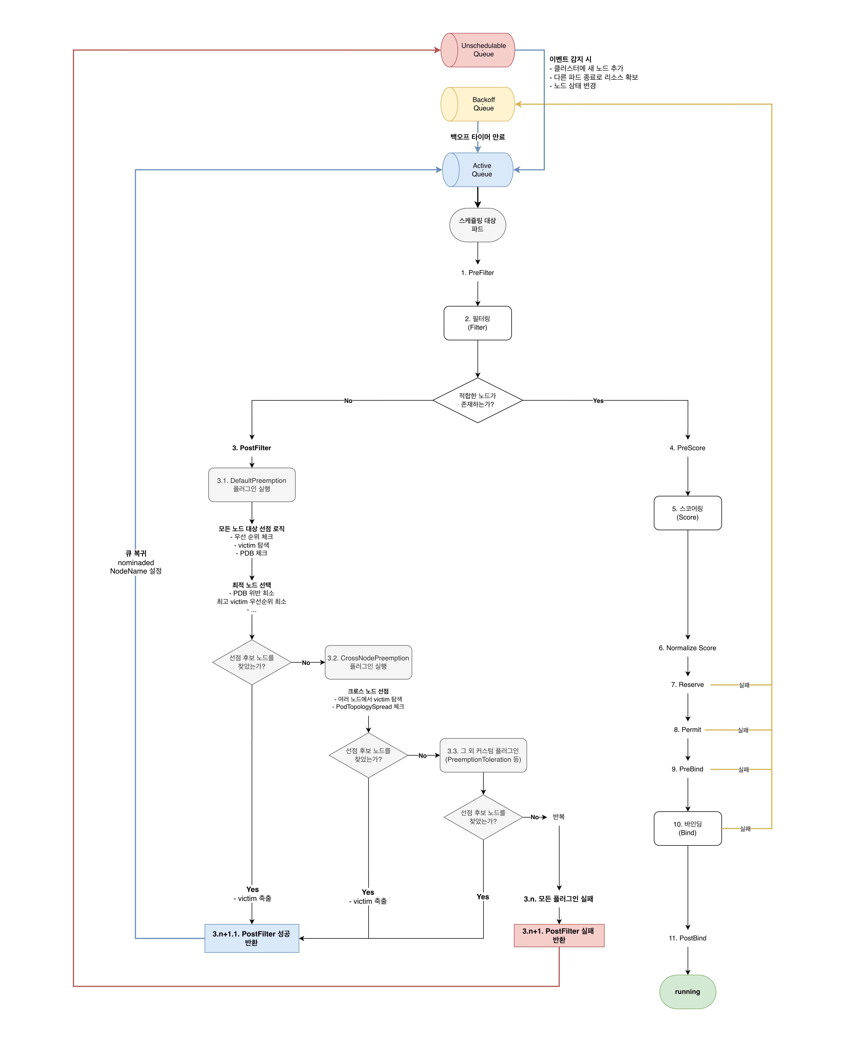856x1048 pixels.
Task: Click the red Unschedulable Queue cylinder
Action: (x=477, y=50)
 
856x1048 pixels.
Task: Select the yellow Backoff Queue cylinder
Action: (x=477, y=104)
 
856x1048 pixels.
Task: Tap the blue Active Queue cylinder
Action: (x=477, y=170)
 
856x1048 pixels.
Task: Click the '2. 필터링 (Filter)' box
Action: (x=477, y=323)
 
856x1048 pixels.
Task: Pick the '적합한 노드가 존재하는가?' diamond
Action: (x=477, y=400)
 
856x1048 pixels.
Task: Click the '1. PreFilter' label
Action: (x=477, y=273)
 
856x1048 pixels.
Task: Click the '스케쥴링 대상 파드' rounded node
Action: (x=477, y=225)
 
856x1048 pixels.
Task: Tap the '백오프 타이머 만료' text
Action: (x=477, y=137)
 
